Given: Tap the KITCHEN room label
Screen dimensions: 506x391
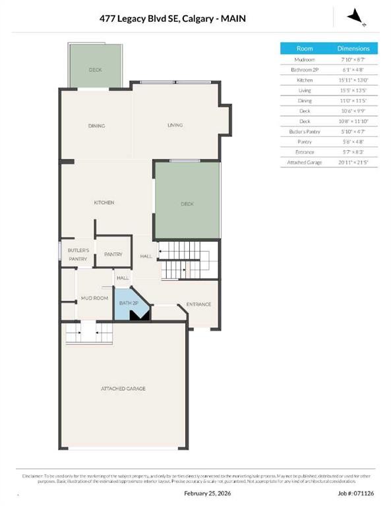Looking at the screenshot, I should coord(104,203).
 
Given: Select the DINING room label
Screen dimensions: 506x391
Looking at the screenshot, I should coord(97,126).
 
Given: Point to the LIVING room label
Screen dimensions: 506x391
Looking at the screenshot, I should coord(175,125).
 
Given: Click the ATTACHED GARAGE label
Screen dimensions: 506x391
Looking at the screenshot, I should coord(123,389).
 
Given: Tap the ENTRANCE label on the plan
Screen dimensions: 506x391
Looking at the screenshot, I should coord(198,304).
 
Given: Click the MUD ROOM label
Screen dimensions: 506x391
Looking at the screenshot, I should coord(94,298).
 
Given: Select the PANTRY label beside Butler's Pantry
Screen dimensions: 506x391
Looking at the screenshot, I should coord(113,254).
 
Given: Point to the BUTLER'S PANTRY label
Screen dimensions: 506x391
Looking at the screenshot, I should coord(77,255).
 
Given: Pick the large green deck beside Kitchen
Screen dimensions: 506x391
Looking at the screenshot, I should coord(187,204).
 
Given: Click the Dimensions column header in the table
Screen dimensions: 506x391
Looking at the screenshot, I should coord(353,49).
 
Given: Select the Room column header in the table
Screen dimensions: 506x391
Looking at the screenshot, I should coord(305,49).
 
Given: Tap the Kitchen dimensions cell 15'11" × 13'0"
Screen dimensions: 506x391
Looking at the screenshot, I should coord(353,80).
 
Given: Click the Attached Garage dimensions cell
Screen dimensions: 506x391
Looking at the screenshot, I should coord(353,162).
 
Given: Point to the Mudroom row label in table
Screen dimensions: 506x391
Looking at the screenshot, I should coord(305,60).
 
